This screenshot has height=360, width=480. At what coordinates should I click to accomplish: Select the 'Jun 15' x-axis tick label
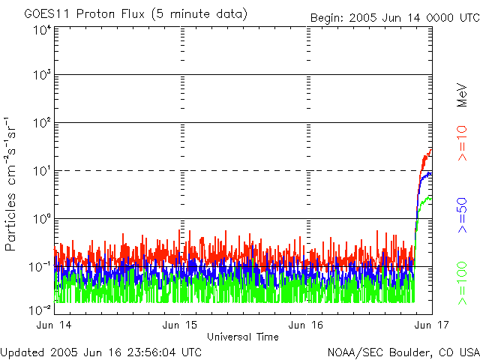pos(181,325)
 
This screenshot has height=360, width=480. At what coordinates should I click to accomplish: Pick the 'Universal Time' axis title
pos(243,336)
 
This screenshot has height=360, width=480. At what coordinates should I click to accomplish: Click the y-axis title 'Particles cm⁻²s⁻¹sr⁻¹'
pos(12,184)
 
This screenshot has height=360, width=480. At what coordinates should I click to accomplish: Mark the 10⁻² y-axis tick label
pos(40,310)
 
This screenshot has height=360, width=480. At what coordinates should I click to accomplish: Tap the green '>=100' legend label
pos(463,282)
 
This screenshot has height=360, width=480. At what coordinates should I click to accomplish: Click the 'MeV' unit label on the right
pos(463,96)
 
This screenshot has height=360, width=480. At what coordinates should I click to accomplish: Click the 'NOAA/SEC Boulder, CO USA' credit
pos(403,352)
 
